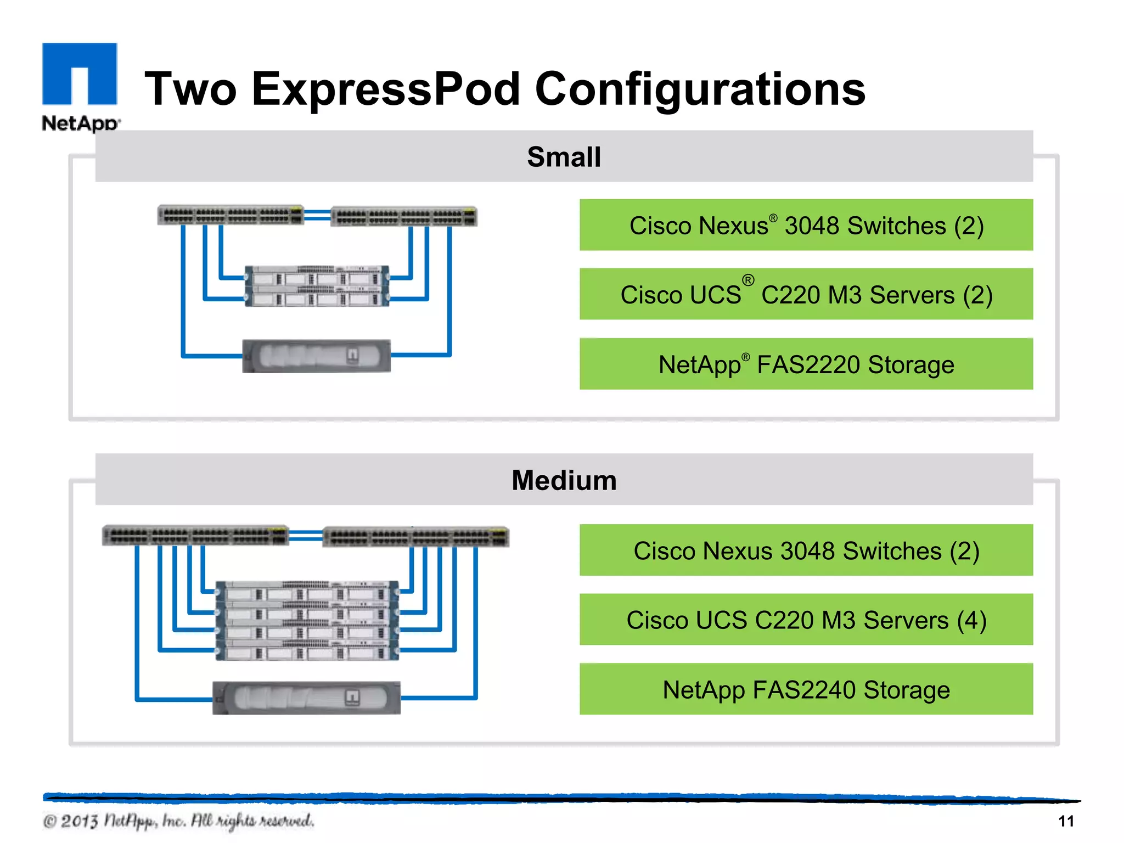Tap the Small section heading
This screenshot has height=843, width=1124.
(x=564, y=157)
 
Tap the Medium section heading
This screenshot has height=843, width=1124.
(x=564, y=480)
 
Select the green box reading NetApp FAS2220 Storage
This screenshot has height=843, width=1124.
(x=806, y=364)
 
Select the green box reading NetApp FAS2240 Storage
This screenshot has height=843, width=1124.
(x=806, y=689)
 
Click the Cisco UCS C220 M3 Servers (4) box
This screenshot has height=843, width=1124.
(x=806, y=620)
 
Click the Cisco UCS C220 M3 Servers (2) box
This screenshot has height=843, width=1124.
(x=806, y=295)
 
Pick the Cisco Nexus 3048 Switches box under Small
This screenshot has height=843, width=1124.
(x=806, y=226)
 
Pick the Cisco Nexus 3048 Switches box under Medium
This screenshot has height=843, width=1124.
(x=806, y=550)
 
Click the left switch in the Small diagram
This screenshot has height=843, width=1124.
(x=231, y=215)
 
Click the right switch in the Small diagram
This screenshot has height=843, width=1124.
(x=404, y=217)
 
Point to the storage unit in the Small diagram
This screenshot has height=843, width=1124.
(x=317, y=356)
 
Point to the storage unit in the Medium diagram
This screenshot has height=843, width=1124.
(x=306, y=698)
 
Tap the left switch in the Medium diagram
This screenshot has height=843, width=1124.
(x=195, y=536)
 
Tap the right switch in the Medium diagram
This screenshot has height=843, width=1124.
(x=415, y=537)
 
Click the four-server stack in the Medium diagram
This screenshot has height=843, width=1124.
(x=307, y=621)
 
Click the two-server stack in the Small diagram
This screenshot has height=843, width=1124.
(x=317, y=286)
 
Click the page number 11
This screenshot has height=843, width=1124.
(x=1065, y=821)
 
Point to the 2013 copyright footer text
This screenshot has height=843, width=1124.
(x=178, y=821)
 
